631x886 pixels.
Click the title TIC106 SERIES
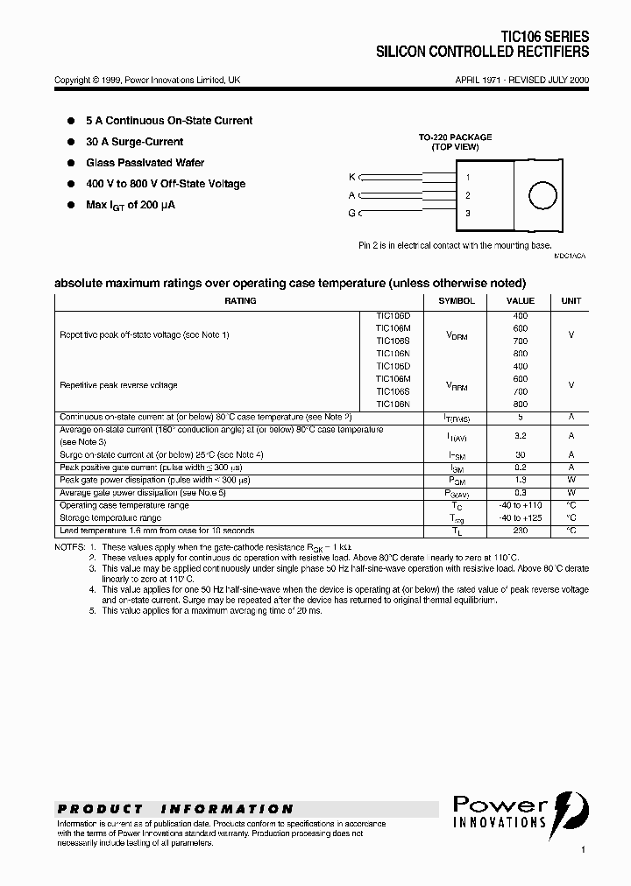pyautogui.click(x=544, y=38)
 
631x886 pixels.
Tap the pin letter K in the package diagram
pyautogui.click(x=351, y=177)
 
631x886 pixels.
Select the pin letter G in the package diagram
pyautogui.click(x=351, y=213)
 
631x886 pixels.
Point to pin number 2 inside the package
pyautogui.click(x=468, y=195)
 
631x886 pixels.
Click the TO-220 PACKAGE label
pyautogui.click(x=454, y=137)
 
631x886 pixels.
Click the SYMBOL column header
pyautogui.click(x=457, y=301)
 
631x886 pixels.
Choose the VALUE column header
pyautogui.click(x=521, y=301)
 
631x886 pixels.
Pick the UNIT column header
pyautogui.click(x=571, y=301)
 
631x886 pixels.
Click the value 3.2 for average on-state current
pyautogui.click(x=521, y=435)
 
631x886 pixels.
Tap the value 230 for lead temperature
pyautogui.click(x=521, y=531)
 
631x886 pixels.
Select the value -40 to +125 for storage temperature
pyautogui.click(x=521, y=518)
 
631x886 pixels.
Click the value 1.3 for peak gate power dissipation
pyautogui.click(x=521, y=481)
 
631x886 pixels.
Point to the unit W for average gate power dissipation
pyautogui.click(x=571, y=493)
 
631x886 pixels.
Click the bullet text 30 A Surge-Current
pyautogui.click(x=134, y=142)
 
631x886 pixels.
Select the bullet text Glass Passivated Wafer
pyautogui.click(x=145, y=163)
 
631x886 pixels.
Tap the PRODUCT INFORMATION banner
pyautogui.click(x=175, y=809)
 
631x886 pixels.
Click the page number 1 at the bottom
pyautogui.click(x=583, y=850)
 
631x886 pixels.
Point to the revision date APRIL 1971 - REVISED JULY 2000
pyautogui.click(x=521, y=80)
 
